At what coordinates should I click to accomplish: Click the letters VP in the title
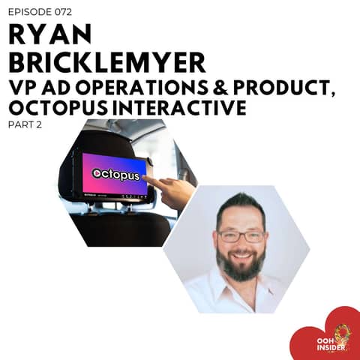tap(22, 88)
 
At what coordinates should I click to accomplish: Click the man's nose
tap(240, 246)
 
